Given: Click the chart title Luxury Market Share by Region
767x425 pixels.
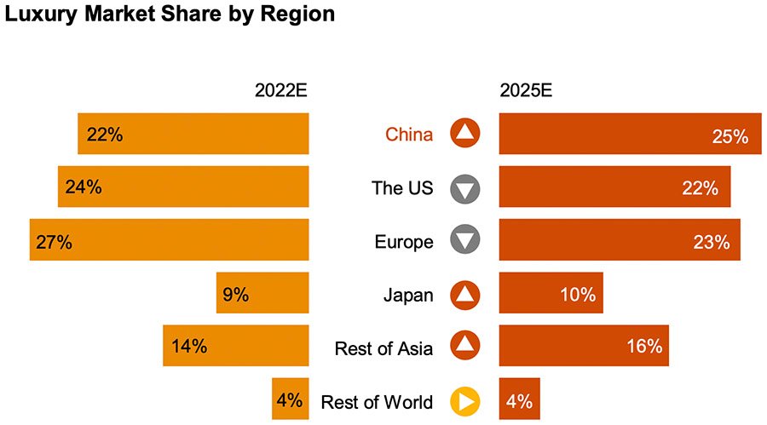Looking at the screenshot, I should [170, 15].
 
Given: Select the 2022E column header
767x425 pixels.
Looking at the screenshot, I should [281, 91].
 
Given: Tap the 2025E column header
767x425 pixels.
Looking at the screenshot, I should [526, 91].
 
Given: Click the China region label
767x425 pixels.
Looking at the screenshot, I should [409, 135].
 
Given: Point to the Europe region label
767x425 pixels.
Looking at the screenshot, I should [404, 242].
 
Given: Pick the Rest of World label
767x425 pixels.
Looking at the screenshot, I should [377, 402].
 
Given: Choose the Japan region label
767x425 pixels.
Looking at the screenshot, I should [408, 296].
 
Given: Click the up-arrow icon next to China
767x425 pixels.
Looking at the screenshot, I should [465, 133].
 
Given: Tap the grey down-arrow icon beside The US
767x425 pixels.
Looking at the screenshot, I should [465, 188].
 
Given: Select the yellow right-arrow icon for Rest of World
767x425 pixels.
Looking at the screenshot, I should [465, 401].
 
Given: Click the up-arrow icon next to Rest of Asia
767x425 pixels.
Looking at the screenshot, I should [465, 346].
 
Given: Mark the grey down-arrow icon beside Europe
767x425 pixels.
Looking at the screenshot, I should [465, 241].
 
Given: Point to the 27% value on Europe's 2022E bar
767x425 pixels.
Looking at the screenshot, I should [54, 242].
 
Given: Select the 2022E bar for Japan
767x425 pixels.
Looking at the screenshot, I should [262, 294].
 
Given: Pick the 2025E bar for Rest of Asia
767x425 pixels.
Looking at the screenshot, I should [583, 346].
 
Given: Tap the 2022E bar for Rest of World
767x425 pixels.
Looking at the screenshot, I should [290, 399].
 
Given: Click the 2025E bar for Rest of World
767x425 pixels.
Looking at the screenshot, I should [519, 399].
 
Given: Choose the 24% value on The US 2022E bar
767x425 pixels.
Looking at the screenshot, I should [84, 187].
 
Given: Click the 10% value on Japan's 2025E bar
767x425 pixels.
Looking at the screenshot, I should [577, 296].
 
